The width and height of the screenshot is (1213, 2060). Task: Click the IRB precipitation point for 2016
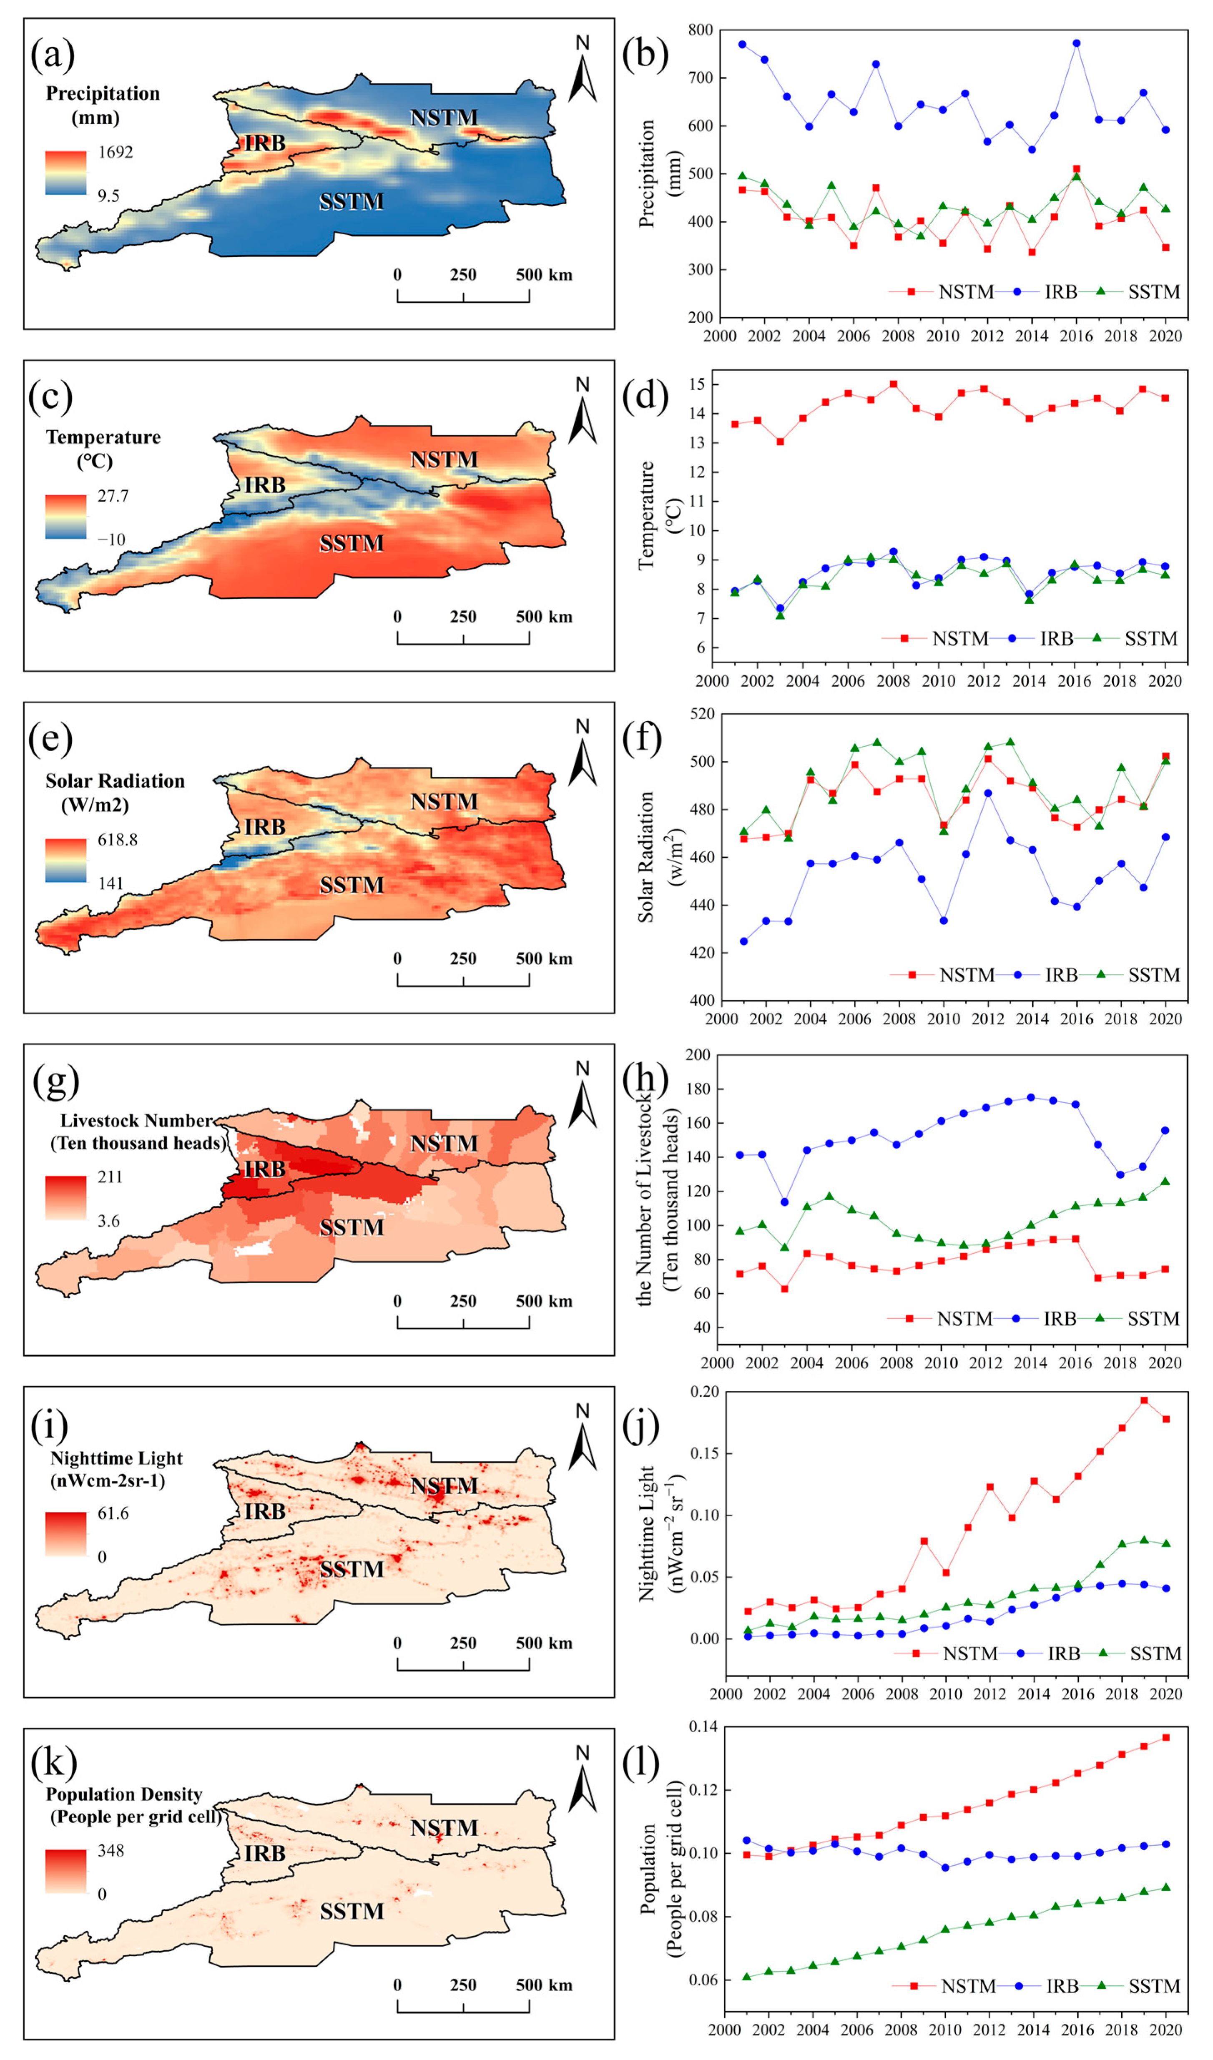(1076, 43)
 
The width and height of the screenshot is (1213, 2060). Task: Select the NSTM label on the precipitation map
(444, 118)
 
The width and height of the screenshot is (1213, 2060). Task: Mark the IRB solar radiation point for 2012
(987, 793)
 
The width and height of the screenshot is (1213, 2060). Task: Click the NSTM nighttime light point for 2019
(1143, 1400)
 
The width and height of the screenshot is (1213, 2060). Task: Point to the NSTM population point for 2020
(1165, 1738)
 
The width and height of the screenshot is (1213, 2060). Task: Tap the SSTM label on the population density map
(352, 1911)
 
